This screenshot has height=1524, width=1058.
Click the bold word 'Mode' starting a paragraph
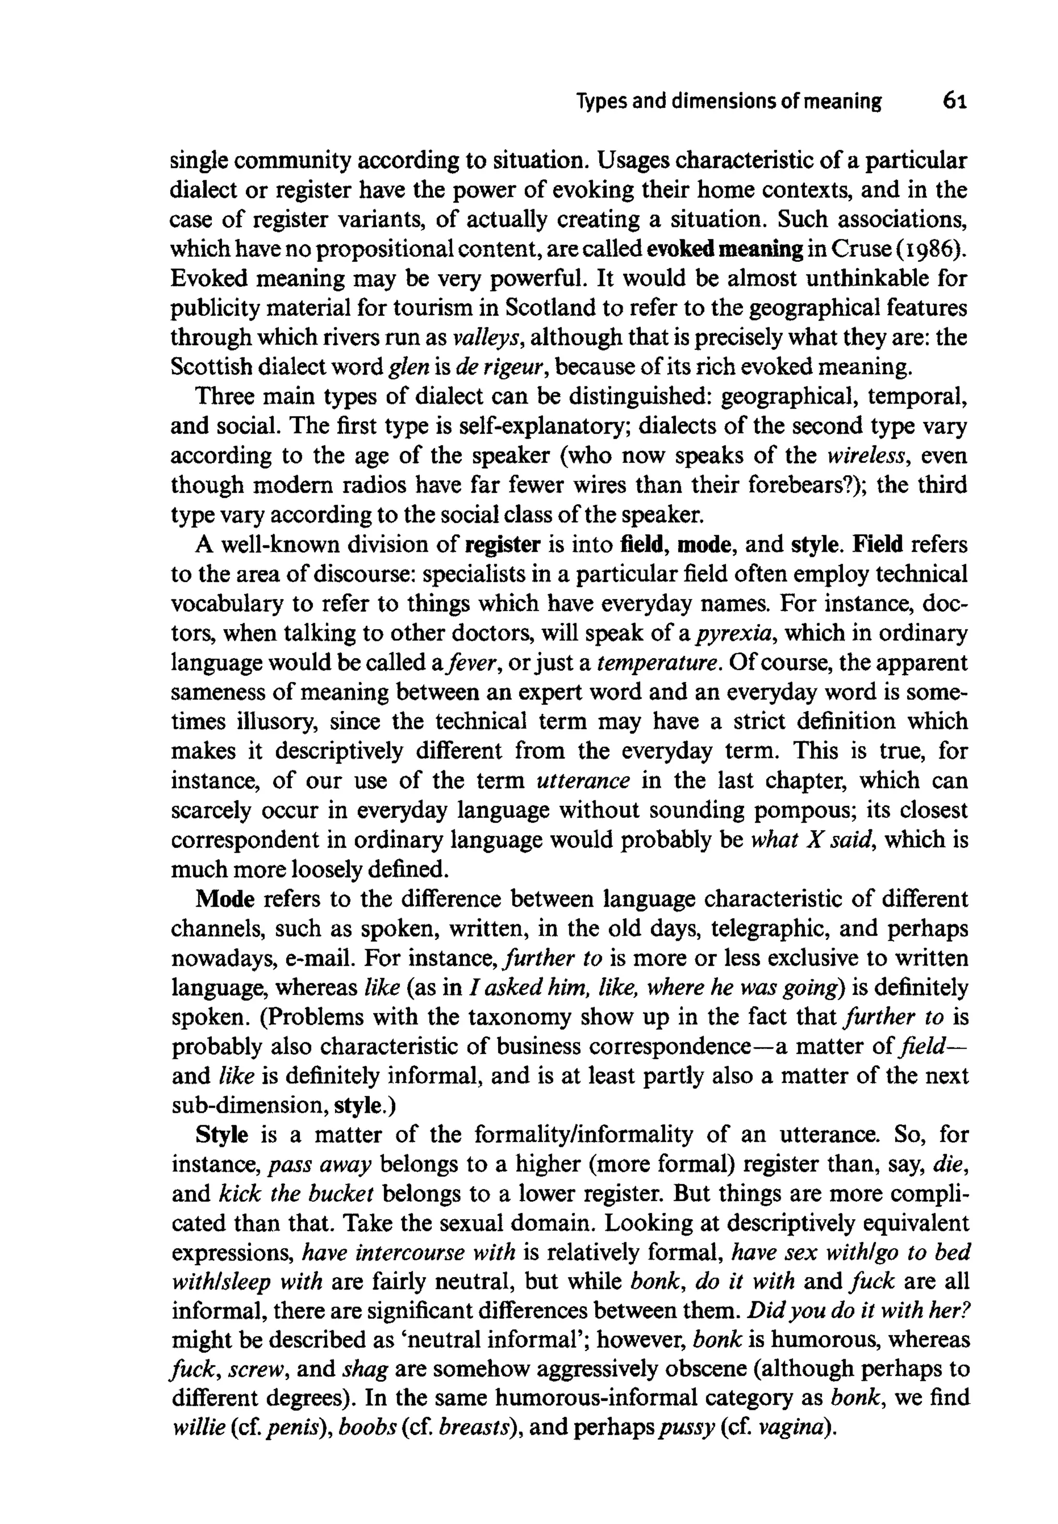click(x=225, y=899)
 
